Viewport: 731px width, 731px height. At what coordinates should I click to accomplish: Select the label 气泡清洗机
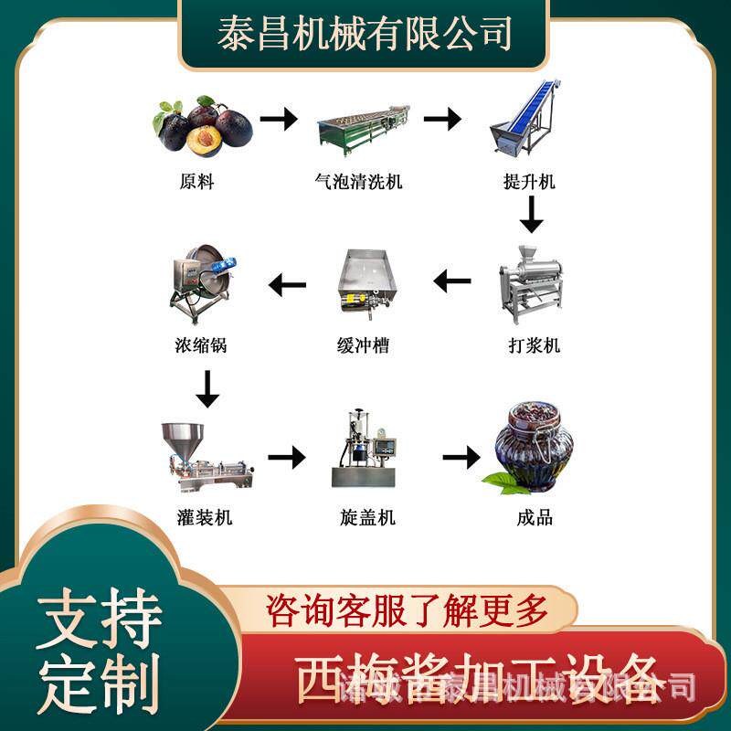(357, 182)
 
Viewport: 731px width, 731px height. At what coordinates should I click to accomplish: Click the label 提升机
(529, 182)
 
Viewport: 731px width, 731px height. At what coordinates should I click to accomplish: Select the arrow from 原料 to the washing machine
(279, 119)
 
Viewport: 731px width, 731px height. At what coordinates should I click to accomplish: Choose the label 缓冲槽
(363, 346)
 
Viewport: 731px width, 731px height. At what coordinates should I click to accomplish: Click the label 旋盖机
(366, 517)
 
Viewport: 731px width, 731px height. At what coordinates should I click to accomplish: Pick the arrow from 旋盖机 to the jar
(461, 456)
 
